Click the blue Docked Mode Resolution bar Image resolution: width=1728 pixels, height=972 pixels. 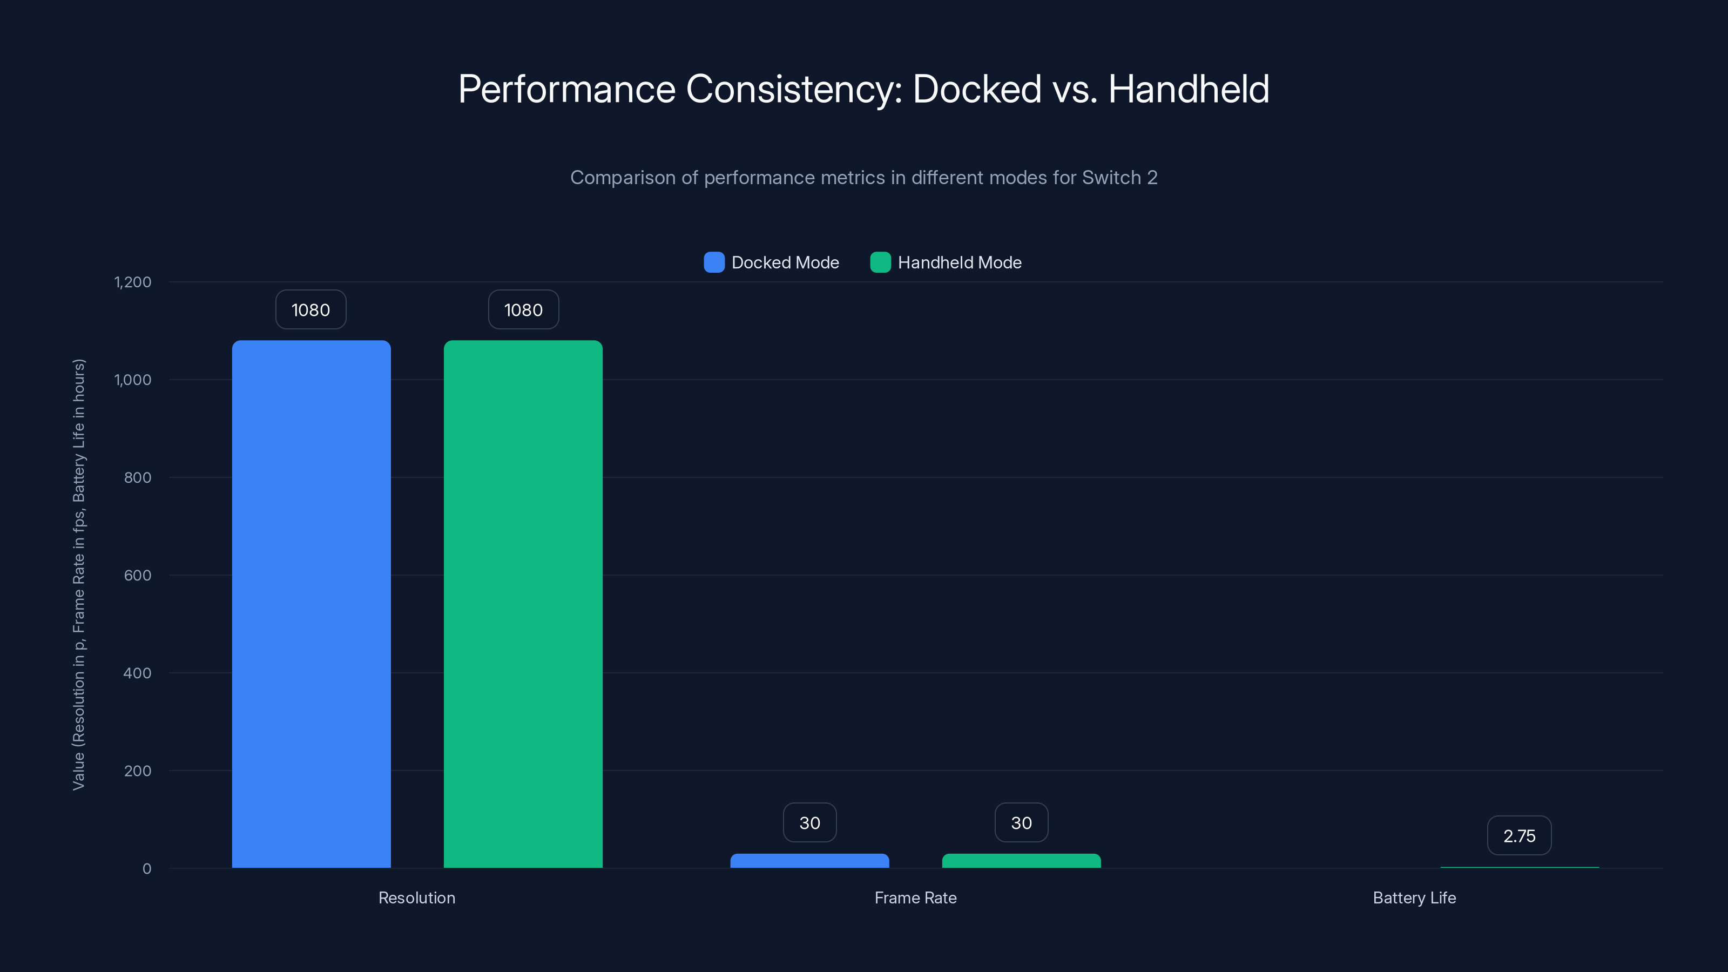tap(311, 604)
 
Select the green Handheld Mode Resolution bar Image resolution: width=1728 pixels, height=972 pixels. tap(523, 604)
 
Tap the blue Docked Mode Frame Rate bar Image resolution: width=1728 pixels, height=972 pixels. tap(809, 861)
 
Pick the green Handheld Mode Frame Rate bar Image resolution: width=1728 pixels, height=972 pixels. tap(1021, 861)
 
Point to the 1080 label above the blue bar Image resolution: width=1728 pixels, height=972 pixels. tap(310, 310)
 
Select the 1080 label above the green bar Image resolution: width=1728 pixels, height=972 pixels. tap(523, 310)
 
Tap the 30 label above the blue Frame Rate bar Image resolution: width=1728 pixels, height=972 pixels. tap(809, 823)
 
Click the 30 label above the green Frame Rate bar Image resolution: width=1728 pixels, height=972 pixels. tap(1021, 823)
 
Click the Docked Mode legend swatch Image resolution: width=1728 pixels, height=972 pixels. tap(714, 262)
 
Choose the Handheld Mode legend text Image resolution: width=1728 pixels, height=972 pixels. tap(959, 262)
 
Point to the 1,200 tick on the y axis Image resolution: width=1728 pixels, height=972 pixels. tap(133, 282)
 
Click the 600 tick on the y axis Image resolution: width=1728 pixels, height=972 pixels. tap(138, 575)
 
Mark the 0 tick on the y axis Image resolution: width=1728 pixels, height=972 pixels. tap(147, 869)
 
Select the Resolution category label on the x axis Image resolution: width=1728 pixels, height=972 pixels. tap(416, 897)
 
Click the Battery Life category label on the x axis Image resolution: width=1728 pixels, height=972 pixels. tap(1414, 897)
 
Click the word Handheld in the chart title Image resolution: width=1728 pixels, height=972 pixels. tap(1188, 89)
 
